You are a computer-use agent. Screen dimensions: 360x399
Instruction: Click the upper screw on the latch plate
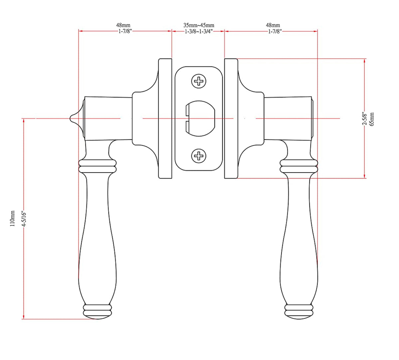coord(199,81)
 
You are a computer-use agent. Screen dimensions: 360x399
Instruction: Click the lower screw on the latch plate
coord(199,156)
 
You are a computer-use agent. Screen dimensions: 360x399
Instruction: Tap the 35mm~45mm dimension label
coord(199,25)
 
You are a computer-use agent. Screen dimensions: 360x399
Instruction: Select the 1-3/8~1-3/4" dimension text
coord(199,32)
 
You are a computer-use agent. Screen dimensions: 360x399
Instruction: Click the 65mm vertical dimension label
coord(372,119)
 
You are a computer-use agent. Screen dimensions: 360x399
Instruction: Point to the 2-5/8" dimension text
coord(365,119)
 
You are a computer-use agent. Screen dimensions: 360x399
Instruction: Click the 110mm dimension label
coord(13,218)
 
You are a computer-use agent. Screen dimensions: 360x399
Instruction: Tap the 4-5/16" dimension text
coord(23,218)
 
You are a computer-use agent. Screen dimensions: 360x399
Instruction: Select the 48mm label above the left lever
coord(123,25)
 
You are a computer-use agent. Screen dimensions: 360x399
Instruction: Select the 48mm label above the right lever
coord(273,25)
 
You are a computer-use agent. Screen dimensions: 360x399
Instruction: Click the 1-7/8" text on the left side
coord(125,32)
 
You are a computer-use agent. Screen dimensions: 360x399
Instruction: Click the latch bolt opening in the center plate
coord(199,118)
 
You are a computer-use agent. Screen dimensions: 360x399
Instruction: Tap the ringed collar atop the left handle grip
coord(98,165)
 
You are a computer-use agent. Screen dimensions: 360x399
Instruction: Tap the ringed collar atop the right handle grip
coord(299,165)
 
